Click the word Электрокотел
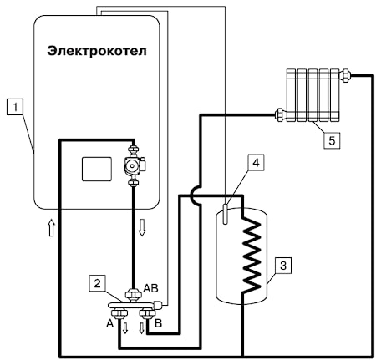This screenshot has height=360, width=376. click(97, 52)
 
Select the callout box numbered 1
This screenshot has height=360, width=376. click(15, 108)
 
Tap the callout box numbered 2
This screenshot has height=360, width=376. click(97, 283)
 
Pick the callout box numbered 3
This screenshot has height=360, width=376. click(283, 266)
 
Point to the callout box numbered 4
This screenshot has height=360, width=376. click(256, 163)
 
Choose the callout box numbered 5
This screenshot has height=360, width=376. click(332, 140)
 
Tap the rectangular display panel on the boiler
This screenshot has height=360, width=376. click(97, 169)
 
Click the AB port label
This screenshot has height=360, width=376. click(150, 288)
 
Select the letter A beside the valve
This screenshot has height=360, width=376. click(110, 323)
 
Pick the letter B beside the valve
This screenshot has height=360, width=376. click(158, 323)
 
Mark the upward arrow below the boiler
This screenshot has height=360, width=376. click(51, 227)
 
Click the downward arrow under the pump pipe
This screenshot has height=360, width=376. click(142, 227)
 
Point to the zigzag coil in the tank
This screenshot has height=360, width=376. click(252, 255)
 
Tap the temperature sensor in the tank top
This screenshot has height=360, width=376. click(226, 214)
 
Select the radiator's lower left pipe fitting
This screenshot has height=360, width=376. click(279, 114)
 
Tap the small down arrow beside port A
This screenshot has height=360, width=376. click(125, 328)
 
